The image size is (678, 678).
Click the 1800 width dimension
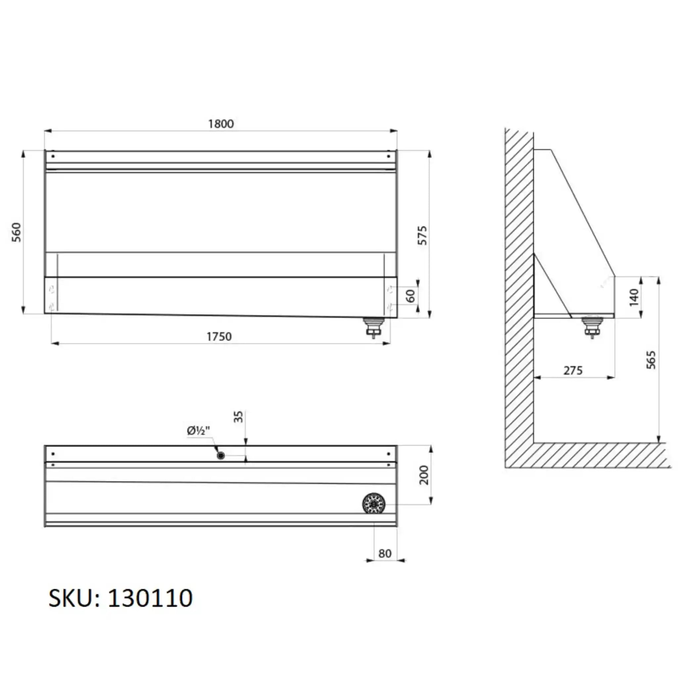tap(221, 124)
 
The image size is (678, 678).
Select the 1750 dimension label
tap(219, 337)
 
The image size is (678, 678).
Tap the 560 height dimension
tap(17, 232)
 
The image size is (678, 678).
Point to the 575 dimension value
tap(423, 235)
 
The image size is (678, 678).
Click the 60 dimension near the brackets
tap(411, 296)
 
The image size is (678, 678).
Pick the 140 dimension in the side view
tap(634, 297)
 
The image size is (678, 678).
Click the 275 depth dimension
tap(573, 370)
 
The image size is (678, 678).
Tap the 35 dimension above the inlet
tap(238, 416)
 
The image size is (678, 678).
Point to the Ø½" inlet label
tap(198, 431)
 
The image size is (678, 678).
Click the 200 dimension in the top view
tap(424, 475)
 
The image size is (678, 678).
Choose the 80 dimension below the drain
tap(385, 554)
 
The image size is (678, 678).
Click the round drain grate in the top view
tap(374, 504)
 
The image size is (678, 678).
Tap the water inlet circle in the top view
tap(221, 456)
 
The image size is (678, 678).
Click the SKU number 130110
tap(150, 598)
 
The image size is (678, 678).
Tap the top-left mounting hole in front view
tap(53, 156)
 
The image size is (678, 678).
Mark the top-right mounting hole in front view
tap(388, 156)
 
